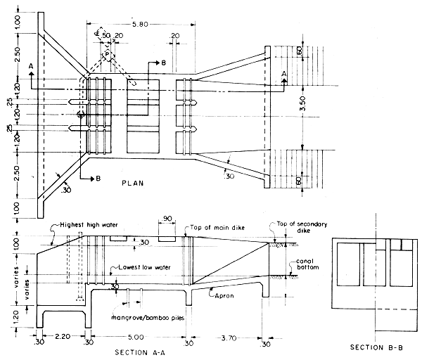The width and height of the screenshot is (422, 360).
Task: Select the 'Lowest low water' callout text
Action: pos(139,270)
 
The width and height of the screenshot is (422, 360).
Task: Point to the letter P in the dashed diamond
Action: pos(106,54)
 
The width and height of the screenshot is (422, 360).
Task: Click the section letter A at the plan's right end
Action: pos(283,72)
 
